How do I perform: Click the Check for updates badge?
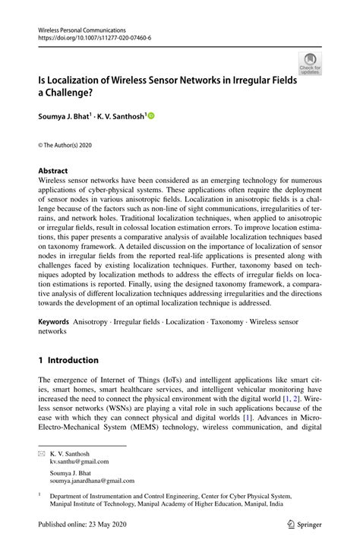(x=309, y=63)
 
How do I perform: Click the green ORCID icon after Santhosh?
(x=150, y=116)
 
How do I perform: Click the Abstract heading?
(x=52, y=171)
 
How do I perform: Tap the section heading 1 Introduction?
(x=68, y=360)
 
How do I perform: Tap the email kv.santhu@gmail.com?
(x=79, y=461)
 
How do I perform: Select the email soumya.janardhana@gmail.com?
(x=93, y=481)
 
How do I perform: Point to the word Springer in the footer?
(x=310, y=523)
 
